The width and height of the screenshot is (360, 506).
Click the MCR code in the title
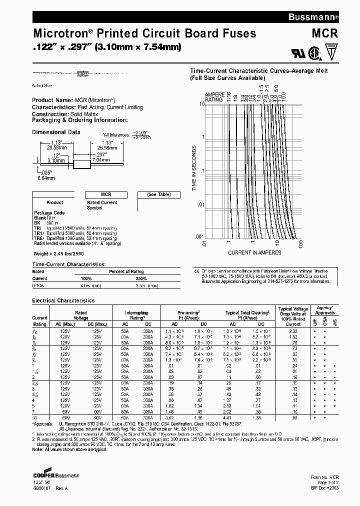click(x=326, y=33)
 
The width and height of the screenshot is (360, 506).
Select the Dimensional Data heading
click(x=56, y=132)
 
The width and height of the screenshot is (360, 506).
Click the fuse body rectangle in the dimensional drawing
click(x=80, y=163)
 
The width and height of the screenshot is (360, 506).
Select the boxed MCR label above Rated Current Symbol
click(x=106, y=194)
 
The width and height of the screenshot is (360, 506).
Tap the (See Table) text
click(x=158, y=194)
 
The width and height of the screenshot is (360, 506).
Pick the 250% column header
click(x=141, y=278)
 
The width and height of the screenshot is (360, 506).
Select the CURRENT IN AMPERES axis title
click(x=254, y=252)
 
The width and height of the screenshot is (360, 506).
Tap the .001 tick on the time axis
click(x=199, y=236)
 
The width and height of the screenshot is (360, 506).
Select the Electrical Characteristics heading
click(x=63, y=301)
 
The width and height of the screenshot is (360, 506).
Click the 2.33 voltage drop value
click(x=293, y=331)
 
